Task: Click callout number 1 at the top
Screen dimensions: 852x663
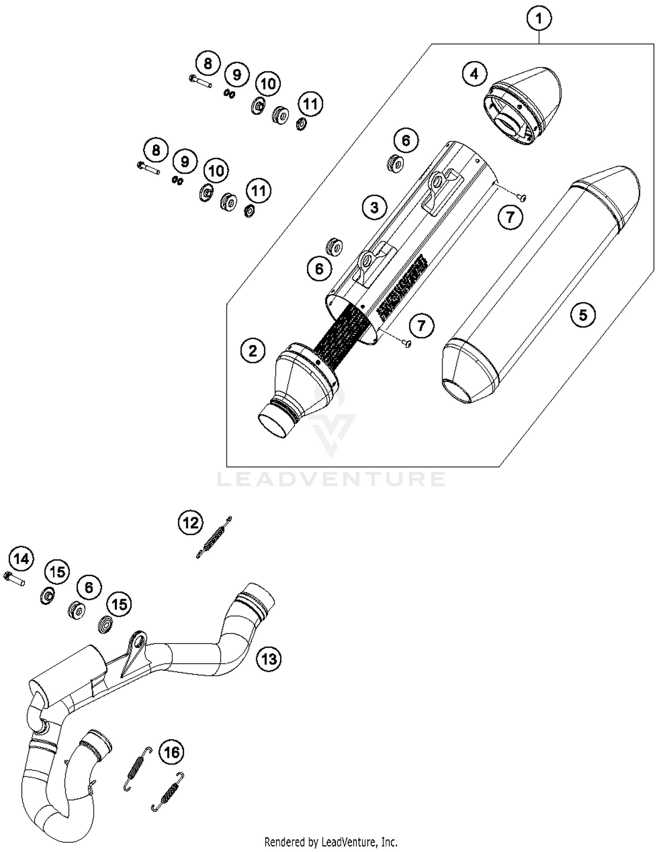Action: [539, 19]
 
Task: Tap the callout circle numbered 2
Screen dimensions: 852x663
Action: [252, 351]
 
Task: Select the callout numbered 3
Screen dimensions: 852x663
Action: [374, 207]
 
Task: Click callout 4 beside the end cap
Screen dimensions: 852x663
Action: [474, 74]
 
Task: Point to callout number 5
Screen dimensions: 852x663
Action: [583, 315]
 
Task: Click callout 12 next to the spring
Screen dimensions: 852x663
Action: [191, 523]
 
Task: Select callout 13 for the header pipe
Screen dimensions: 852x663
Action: [269, 659]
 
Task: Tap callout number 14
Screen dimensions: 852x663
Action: [21, 559]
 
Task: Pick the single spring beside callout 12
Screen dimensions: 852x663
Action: [214, 538]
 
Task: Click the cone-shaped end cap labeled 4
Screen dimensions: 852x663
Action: [526, 106]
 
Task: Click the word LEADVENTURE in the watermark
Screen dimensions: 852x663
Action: [331, 479]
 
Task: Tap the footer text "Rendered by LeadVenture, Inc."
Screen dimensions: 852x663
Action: [331, 842]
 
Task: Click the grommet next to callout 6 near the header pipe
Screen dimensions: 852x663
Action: [77, 610]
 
